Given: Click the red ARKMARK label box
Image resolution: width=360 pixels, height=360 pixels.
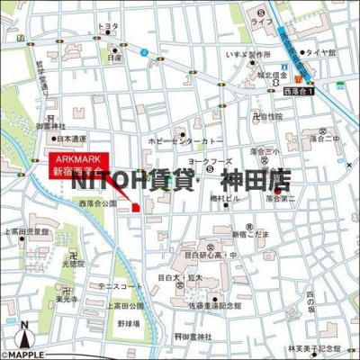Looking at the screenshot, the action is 78,162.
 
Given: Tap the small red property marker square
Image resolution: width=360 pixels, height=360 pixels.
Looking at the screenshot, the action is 136,208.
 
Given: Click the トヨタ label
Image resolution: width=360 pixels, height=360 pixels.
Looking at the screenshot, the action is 109,27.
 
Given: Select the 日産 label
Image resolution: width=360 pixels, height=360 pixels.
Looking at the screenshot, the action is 114,57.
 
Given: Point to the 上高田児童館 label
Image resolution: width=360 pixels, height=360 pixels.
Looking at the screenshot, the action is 27,231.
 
